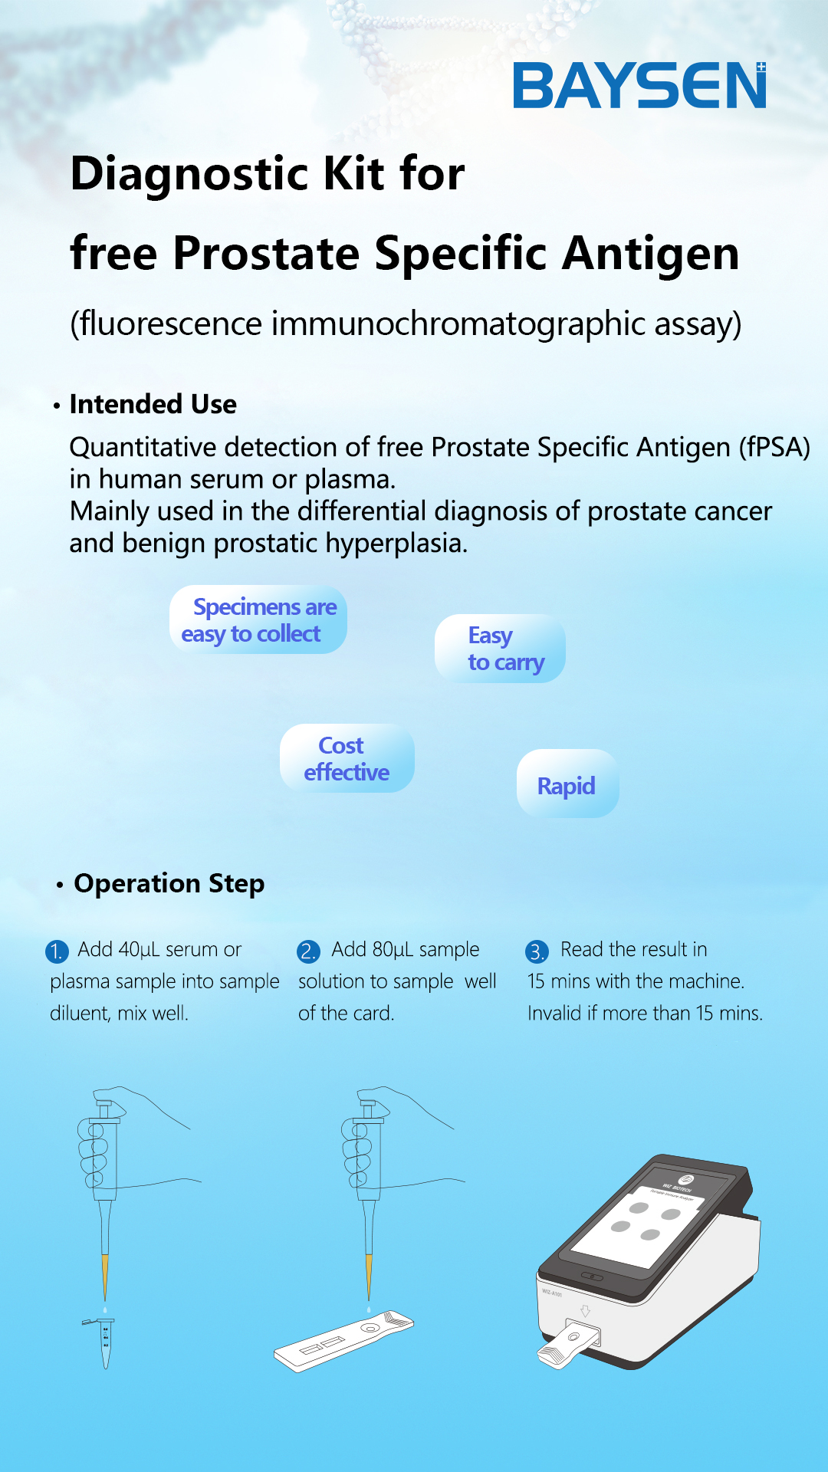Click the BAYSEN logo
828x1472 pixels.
[x=639, y=85]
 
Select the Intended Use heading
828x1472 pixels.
[x=153, y=404]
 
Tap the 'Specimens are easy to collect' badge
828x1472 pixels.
[x=258, y=619]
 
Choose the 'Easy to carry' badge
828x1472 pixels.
[x=500, y=649]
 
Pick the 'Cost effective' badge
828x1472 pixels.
[x=347, y=758]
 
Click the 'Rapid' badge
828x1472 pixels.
[x=567, y=784]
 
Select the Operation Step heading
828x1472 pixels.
[x=169, y=883]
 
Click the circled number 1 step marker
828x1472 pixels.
[x=57, y=951]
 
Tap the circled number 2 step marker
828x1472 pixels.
[x=308, y=951]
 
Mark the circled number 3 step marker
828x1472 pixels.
[x=537, y=951]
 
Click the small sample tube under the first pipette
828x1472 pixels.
[x=104, y=1342]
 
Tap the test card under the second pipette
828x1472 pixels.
[x=344, y=1341]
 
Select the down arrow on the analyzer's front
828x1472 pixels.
[x=585, y=1310]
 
